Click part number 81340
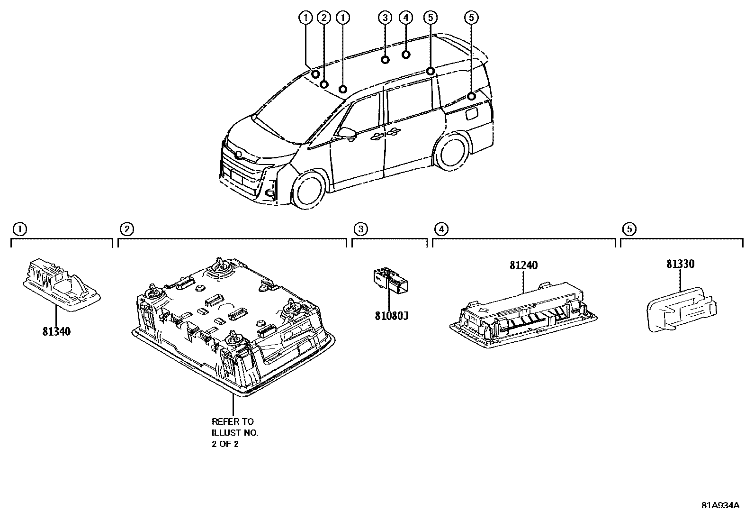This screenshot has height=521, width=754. [56, 331]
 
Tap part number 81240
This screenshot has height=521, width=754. [523, 265]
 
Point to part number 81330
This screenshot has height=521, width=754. [680, 264]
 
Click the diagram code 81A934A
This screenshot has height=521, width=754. [720, 505]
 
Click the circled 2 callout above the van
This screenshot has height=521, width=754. [324, 18]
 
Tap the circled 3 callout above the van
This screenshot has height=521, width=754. [385, 18]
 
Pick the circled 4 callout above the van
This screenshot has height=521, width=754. [406, 18]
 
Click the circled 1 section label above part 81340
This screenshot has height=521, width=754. [19, 229]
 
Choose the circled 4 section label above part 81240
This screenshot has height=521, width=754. [441, 229]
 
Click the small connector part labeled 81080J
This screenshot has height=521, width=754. [391, 279]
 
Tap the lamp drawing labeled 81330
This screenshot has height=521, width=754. [682, 309]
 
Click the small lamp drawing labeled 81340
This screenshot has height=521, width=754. [62, 284]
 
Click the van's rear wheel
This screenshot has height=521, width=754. [452, 152]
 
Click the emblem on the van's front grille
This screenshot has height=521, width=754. [238, 155]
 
